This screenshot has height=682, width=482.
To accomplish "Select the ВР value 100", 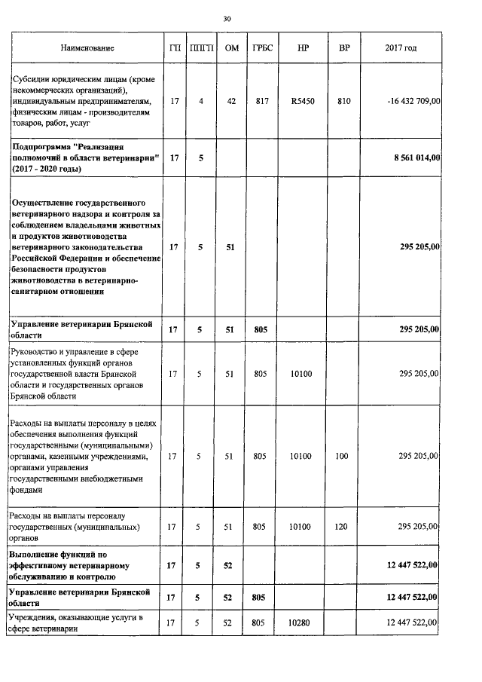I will tap(342, 456).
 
